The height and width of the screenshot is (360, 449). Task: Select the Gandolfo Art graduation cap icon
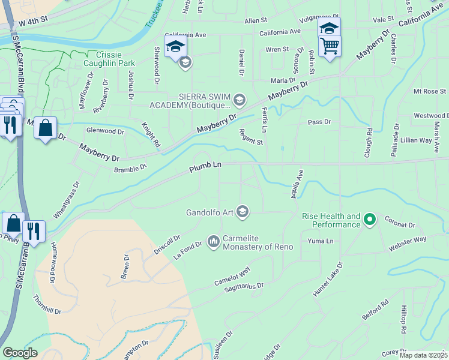[243, 211]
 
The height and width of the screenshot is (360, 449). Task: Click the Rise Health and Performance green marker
[370, 220]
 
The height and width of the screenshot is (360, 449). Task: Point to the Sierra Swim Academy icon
[240, 100]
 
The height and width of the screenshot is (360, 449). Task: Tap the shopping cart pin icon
[330, 46]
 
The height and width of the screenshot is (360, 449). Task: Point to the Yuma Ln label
[320, 241]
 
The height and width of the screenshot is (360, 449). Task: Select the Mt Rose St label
[430, 91]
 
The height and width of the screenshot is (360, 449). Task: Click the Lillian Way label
[416, 140]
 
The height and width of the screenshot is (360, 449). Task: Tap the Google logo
[20, 353]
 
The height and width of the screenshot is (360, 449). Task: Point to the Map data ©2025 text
[424, 355]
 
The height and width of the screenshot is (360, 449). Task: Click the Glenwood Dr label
[105, 130]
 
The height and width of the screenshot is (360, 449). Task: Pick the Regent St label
[251, 137]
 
